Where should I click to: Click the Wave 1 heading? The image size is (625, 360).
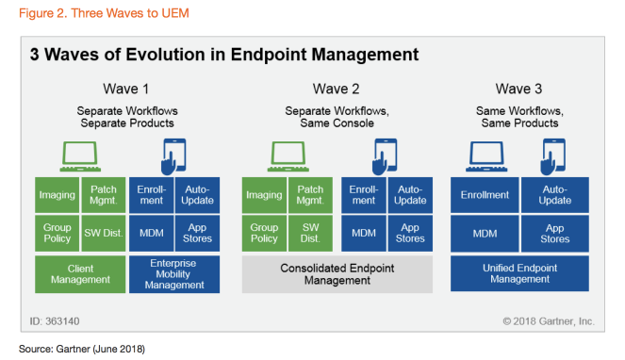[x=127, y=90]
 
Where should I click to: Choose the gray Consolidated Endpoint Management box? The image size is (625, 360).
[x=337, y=274]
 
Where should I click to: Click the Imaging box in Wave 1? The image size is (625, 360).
[x=56, y=195]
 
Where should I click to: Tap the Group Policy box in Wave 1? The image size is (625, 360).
[x=56, y=233]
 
